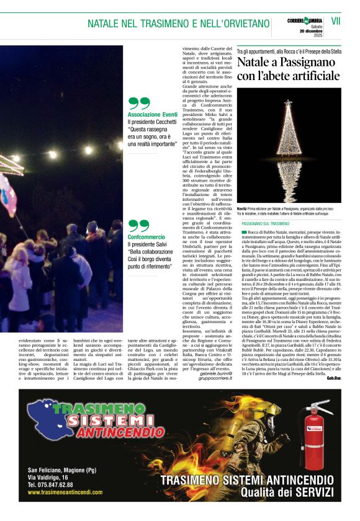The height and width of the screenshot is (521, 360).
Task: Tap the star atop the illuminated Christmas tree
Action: [289, 103]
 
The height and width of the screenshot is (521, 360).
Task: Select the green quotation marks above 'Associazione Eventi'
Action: [139, 104]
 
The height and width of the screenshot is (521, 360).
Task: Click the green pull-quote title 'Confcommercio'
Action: [146, 237]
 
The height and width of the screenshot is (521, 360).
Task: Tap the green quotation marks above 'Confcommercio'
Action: [139, 225]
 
